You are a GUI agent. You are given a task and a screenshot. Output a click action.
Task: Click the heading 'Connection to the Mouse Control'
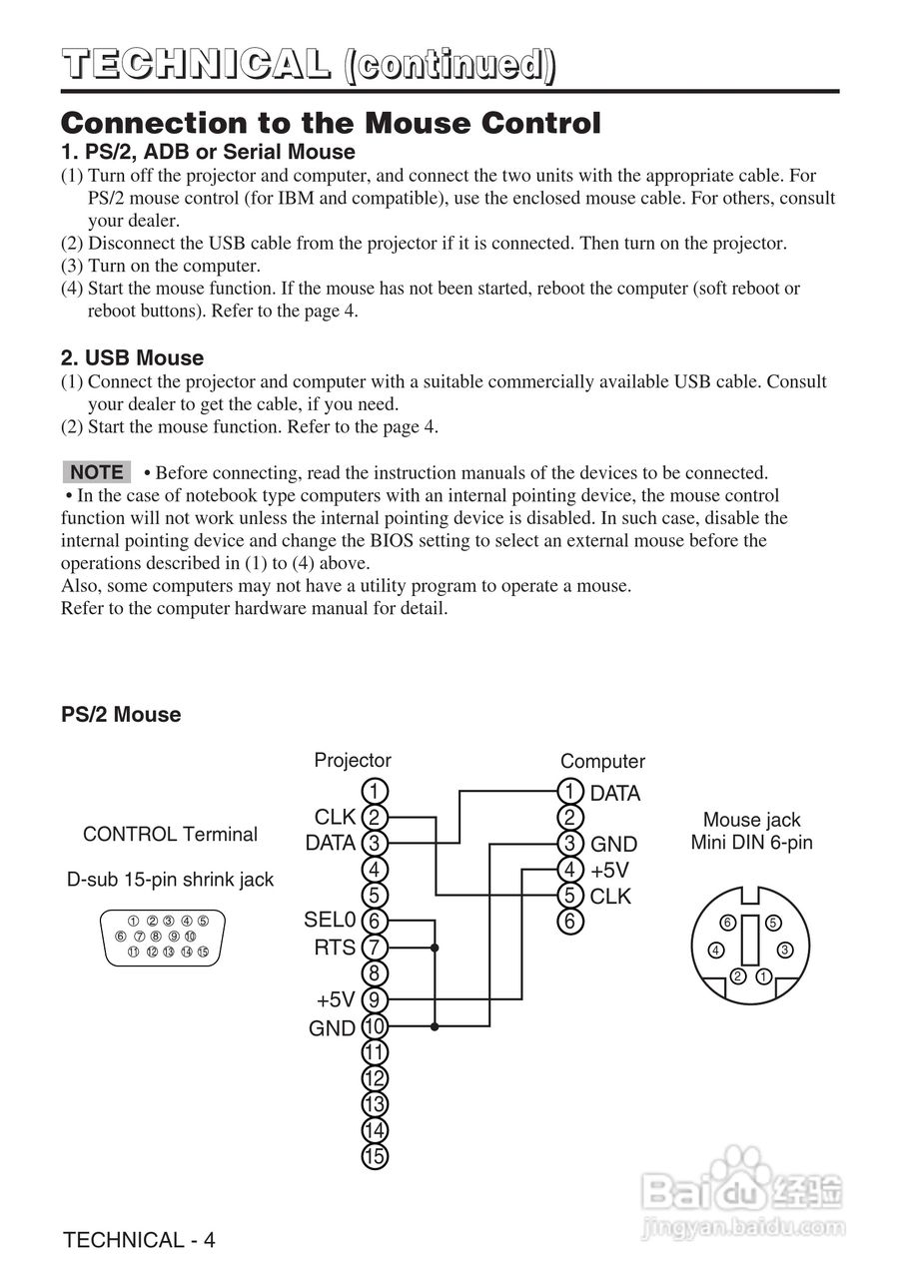tap(331, 124)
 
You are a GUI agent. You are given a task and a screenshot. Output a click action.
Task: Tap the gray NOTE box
tap(97, 472)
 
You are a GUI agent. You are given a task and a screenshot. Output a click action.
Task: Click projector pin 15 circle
tap(374, 1156)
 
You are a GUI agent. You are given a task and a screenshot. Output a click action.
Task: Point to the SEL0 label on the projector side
tap(330, 920)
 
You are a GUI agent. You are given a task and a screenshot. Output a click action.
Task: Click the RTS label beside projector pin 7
tap(335, 947)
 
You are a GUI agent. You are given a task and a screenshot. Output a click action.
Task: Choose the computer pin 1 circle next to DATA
tap(569, 792)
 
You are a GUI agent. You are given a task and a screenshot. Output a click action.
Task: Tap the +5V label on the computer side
tap(609, 869)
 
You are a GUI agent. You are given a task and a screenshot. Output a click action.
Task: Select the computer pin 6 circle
tap(569, 922)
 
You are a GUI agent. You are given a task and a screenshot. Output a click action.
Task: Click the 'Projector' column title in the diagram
tap(353, 760)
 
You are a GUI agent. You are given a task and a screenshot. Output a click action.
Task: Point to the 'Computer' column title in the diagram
tap(602, 761)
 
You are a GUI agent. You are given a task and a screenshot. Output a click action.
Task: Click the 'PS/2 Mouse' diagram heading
tap(121, 714)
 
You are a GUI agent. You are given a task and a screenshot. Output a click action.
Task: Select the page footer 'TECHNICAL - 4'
tap(138, 1240)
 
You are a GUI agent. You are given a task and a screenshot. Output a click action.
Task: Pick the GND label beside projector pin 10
tap(332, 1027)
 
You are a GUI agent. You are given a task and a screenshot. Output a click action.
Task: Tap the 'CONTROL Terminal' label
tap(170, 834)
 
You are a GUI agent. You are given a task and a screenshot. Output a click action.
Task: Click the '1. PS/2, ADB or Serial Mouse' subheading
tap(208, 152)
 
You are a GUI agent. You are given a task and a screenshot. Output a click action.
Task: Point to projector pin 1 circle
tap(374, 792)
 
